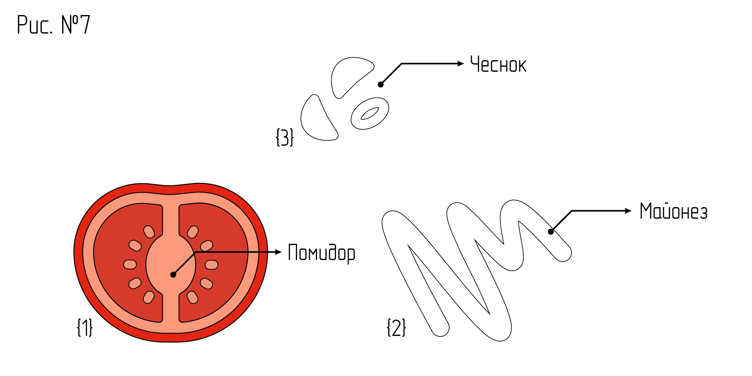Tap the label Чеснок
tap(498, 65)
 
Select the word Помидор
tap(321, 253)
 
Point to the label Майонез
tap(673, 211)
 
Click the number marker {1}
tap(85, 327)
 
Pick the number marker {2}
tap(396, 327)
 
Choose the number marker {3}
tap(285, 137)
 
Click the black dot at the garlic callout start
tap(381, 84)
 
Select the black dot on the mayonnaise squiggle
tap(551, 232)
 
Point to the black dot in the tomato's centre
tap(173, 275)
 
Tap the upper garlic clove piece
tap(348, 74)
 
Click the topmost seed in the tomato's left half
tap(149, 232)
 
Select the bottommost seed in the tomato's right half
tap(193, 297)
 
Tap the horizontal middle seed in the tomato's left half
tap(130, 264)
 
